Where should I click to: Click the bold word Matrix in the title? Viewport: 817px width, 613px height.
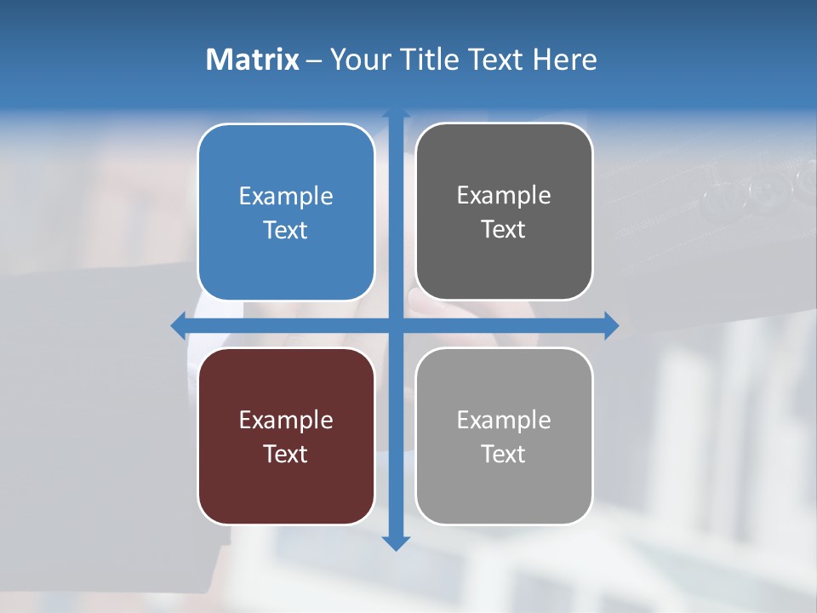click(x=253, y=60)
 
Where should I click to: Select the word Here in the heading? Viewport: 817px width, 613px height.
click(x=565, y=60)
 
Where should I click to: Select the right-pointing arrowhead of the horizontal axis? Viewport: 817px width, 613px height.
click(x=611, y=325)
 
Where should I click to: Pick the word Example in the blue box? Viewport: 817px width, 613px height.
click(x=286, y=196)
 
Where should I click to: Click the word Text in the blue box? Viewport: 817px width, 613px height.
click(x=286, y=230)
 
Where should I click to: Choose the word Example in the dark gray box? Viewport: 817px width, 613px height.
click(x=504, y=195)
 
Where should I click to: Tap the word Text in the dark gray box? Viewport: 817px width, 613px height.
click(x=504, y=229)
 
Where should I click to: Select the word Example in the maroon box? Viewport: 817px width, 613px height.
click(x=286, y=420)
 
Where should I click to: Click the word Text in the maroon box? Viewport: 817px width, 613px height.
click(x=286, y=454)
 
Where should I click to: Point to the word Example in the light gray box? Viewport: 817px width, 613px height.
click(x=504, y=420)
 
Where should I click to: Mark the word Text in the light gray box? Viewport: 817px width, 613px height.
click(x=504, y=454)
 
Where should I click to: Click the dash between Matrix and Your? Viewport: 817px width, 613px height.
click(x=314, y=60)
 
